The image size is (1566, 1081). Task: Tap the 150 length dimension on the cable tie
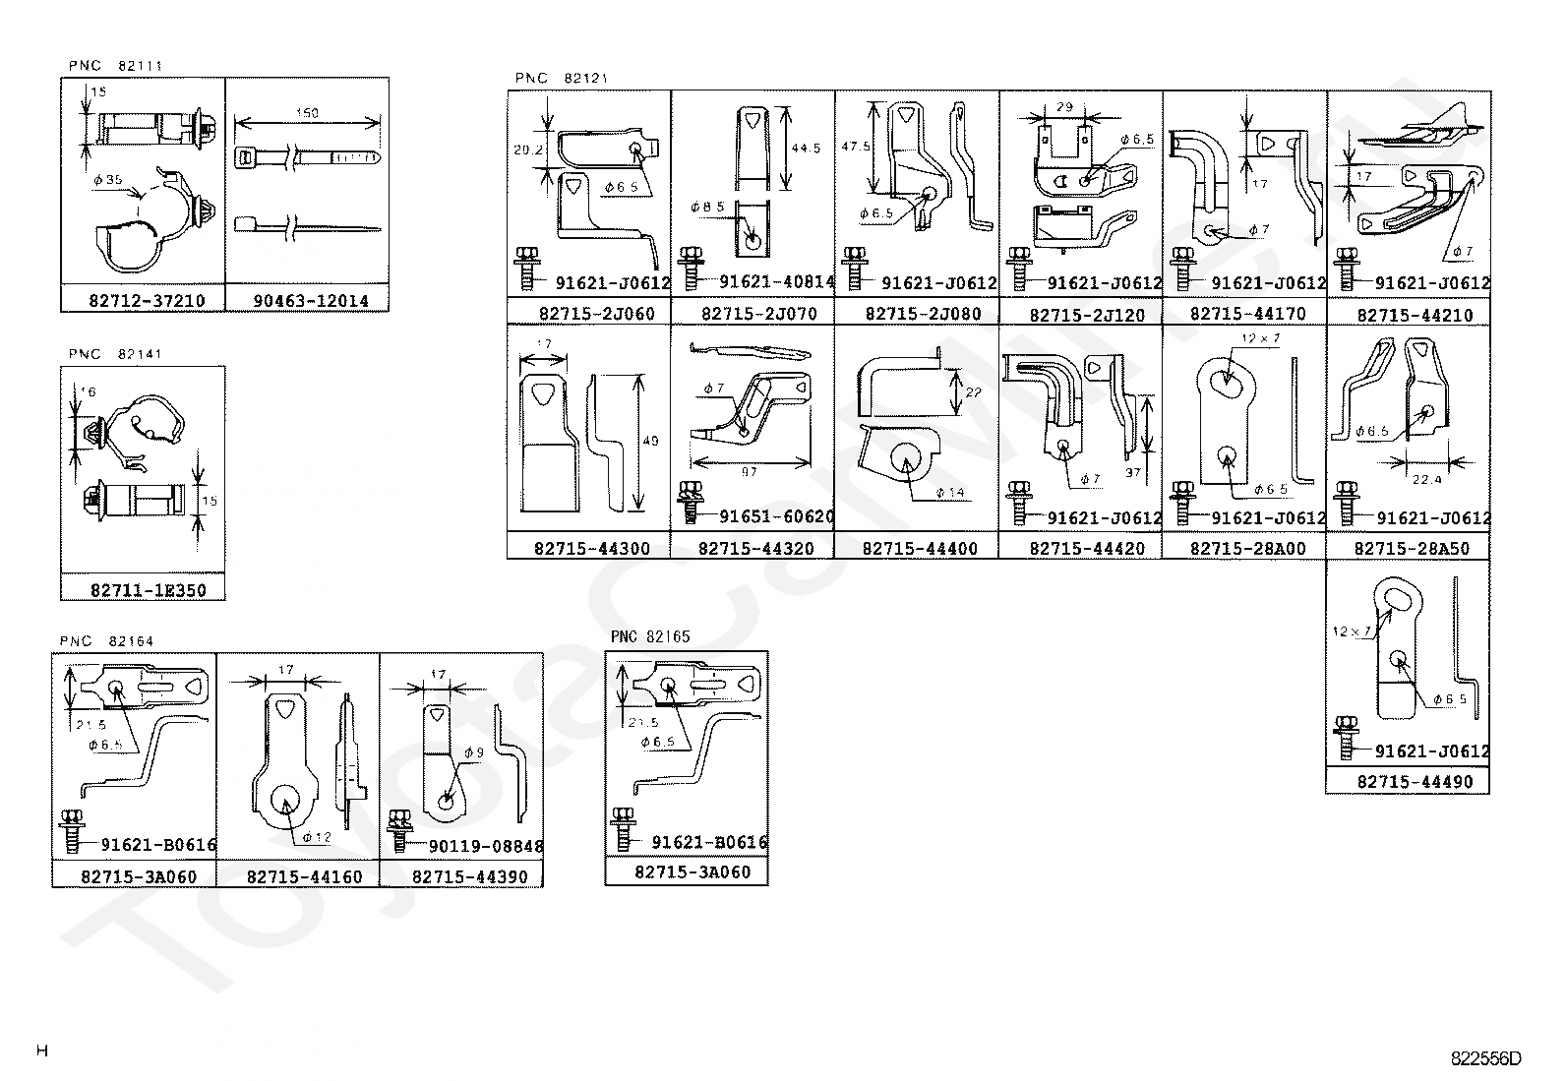[307, 113]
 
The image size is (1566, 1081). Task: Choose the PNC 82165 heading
[650, 636]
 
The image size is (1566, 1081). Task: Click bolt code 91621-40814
[776, 282]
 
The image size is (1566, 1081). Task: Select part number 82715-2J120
[1087, 316]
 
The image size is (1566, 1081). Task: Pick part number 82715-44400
[920, 549]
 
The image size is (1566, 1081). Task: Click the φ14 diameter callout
[950, 492]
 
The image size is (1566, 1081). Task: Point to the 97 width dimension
[749, 472]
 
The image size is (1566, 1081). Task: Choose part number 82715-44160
[304, 876]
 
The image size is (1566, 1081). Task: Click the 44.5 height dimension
[806, 149]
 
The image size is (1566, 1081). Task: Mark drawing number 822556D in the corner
[1485, 1059]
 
